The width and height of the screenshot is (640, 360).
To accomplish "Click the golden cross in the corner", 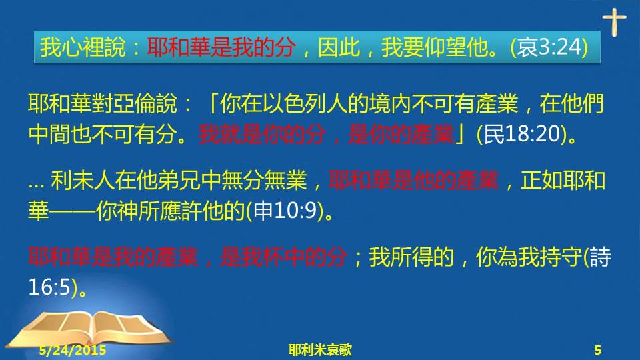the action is point(614,22).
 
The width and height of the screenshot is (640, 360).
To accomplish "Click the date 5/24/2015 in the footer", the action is point(73,350).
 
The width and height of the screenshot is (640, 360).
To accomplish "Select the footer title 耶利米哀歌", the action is point(320,350).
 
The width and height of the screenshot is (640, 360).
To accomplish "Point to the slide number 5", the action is point(598,350).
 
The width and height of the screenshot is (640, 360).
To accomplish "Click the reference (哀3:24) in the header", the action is point(549,47).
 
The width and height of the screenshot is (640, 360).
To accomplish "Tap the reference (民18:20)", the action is point(522,134).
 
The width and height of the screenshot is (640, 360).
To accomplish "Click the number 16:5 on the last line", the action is point(50,287).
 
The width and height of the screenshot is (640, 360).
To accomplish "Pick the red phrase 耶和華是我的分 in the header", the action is point(221,47).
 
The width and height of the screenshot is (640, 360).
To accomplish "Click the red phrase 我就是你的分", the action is point(263,134).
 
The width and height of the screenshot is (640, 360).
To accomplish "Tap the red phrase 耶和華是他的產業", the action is point(413,181).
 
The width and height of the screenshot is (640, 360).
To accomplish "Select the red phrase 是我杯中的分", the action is point(284,257).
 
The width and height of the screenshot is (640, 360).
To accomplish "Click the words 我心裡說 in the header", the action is point(83,47).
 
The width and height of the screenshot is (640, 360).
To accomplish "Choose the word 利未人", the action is point(83,181).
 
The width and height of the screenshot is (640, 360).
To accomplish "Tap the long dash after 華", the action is point(72,211).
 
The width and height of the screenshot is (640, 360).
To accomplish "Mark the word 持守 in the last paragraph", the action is point(561,257).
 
